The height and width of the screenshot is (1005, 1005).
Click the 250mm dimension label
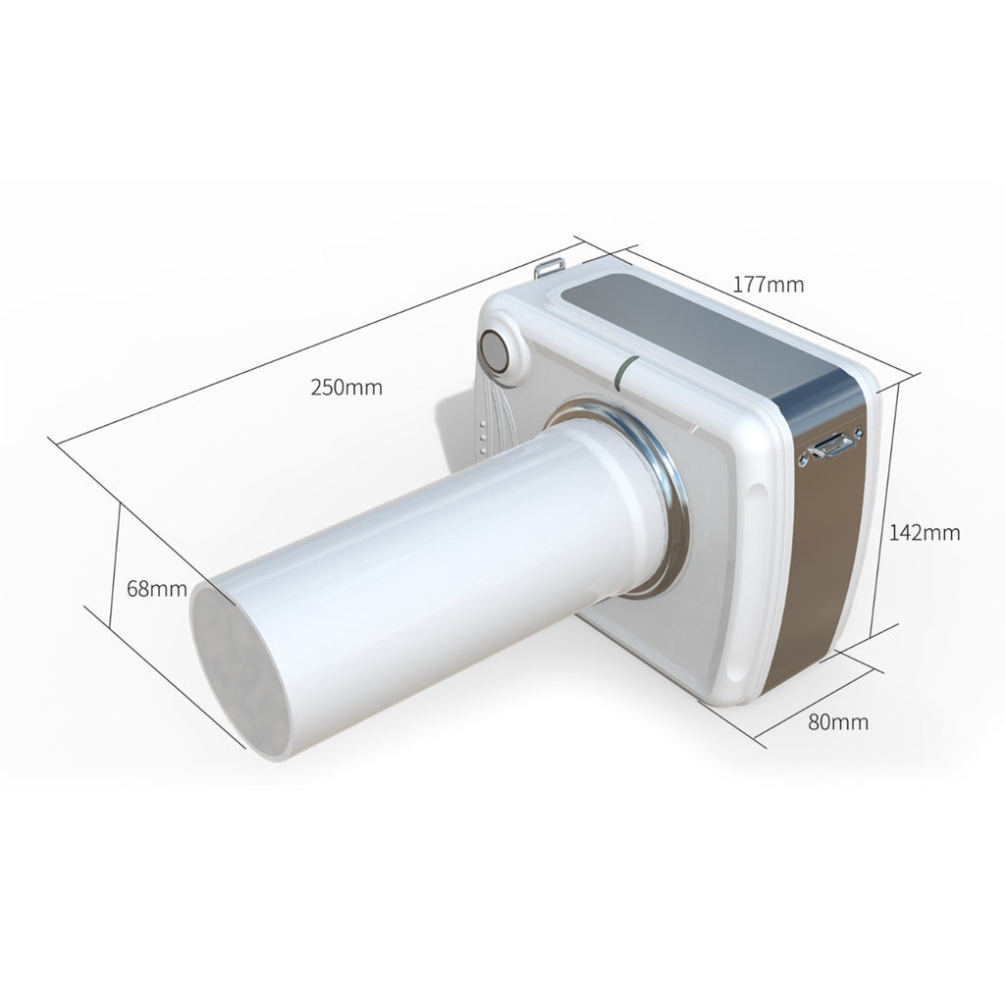pyautogui.click(x=346, y=387)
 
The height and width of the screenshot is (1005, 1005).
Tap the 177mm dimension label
pyautogui.click(x=768, y=285)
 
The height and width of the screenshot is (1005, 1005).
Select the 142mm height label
pyautogui.click(x=925, y=533)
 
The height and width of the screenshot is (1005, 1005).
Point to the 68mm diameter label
pyautogui.click(x=157, y=589)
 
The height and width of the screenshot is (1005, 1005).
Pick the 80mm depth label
pyautogui.click(x=837, y=722)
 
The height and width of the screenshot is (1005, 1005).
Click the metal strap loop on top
pyautogui.click(x=550, y=267)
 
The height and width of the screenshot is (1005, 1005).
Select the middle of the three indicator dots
pyautogui.click(x=483, y=438)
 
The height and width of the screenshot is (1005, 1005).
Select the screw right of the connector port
pyautogui.click(x=857, y=432)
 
